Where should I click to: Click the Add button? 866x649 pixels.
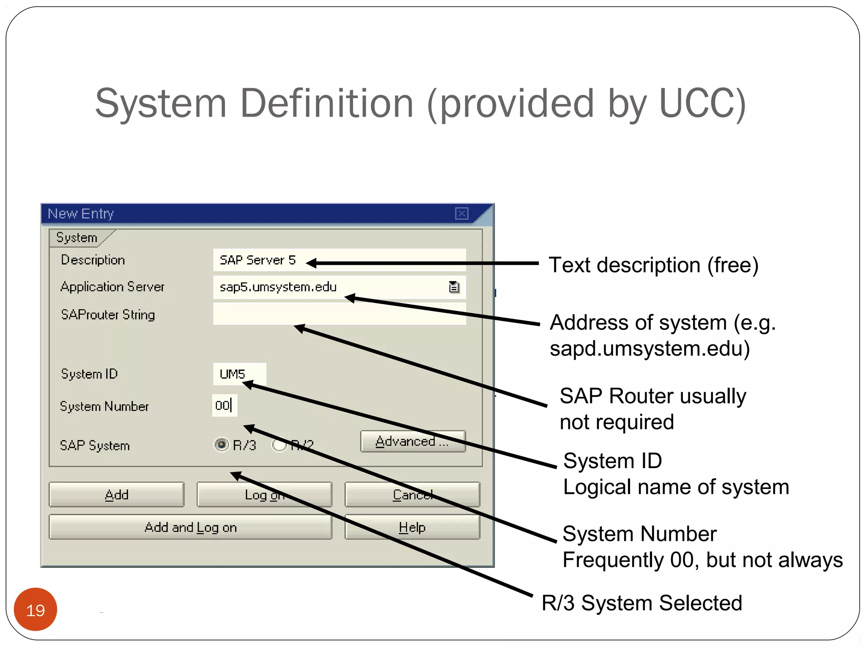pos(116,494)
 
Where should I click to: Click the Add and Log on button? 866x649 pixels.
pos(190,527)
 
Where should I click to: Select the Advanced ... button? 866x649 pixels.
pos(413,441)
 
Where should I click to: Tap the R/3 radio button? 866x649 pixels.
pos(221,444)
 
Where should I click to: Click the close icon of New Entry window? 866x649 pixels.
pos(461,213)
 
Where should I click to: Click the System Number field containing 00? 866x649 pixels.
pos(224,406)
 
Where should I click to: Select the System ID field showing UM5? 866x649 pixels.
pos(239,374)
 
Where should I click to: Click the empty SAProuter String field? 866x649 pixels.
pos(339,314)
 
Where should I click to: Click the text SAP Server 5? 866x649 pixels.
pos(258,260)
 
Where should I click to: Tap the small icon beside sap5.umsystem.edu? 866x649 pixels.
pos(454,287)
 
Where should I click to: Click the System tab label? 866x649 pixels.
pos(77,237)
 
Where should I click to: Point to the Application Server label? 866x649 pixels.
pos(112,286)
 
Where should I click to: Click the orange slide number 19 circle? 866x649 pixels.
pos(36,610)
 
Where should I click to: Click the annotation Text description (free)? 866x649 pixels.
pos(653,265)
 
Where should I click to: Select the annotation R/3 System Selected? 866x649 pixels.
pos(641,603)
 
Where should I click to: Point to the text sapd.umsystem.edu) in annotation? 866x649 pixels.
pos(649,349)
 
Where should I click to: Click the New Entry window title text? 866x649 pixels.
pos(81,213)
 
